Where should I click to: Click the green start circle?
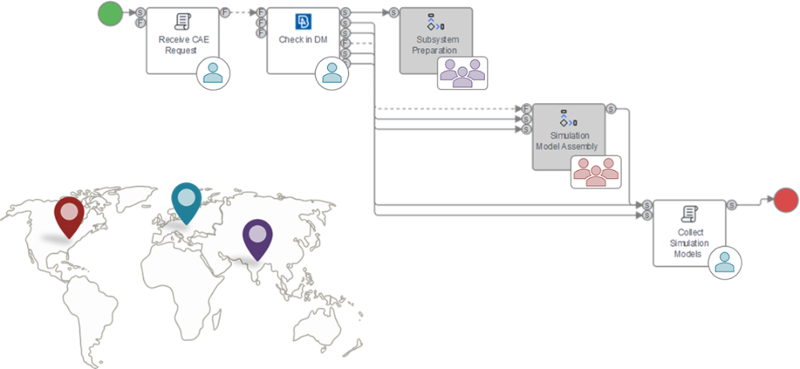110,13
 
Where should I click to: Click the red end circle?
786,200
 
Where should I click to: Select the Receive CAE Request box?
184,41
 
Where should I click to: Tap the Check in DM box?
303,41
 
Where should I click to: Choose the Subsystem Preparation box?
436,41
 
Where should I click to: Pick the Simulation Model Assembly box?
570,137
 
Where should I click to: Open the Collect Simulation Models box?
690,233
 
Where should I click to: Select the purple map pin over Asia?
258,240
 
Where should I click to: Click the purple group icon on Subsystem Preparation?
462,73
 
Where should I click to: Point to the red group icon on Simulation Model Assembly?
596,172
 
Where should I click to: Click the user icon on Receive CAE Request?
214,73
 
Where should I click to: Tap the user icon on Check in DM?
332,73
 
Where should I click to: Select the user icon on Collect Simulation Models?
725,262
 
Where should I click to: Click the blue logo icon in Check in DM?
303,22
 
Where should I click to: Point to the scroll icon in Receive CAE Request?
182,21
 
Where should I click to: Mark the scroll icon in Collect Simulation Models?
690,213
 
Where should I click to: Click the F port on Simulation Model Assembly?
526,109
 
